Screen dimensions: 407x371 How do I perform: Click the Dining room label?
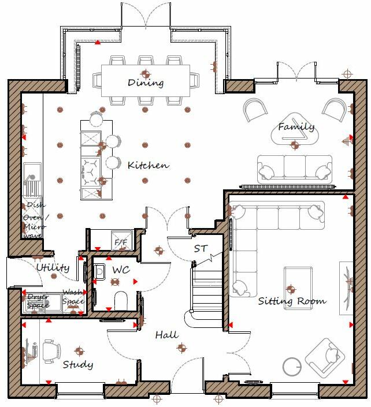145,83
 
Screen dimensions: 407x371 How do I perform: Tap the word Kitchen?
148,166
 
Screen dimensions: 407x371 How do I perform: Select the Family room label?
296,127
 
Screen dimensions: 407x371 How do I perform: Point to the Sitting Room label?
292,301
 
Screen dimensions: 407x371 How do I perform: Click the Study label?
77,364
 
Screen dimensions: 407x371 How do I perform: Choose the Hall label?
166,335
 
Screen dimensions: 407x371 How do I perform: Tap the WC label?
121,270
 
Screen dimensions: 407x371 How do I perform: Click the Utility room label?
53,268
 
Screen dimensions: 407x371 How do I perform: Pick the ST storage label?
201,249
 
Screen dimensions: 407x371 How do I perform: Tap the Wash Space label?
73,297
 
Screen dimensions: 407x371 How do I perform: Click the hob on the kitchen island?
90,167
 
